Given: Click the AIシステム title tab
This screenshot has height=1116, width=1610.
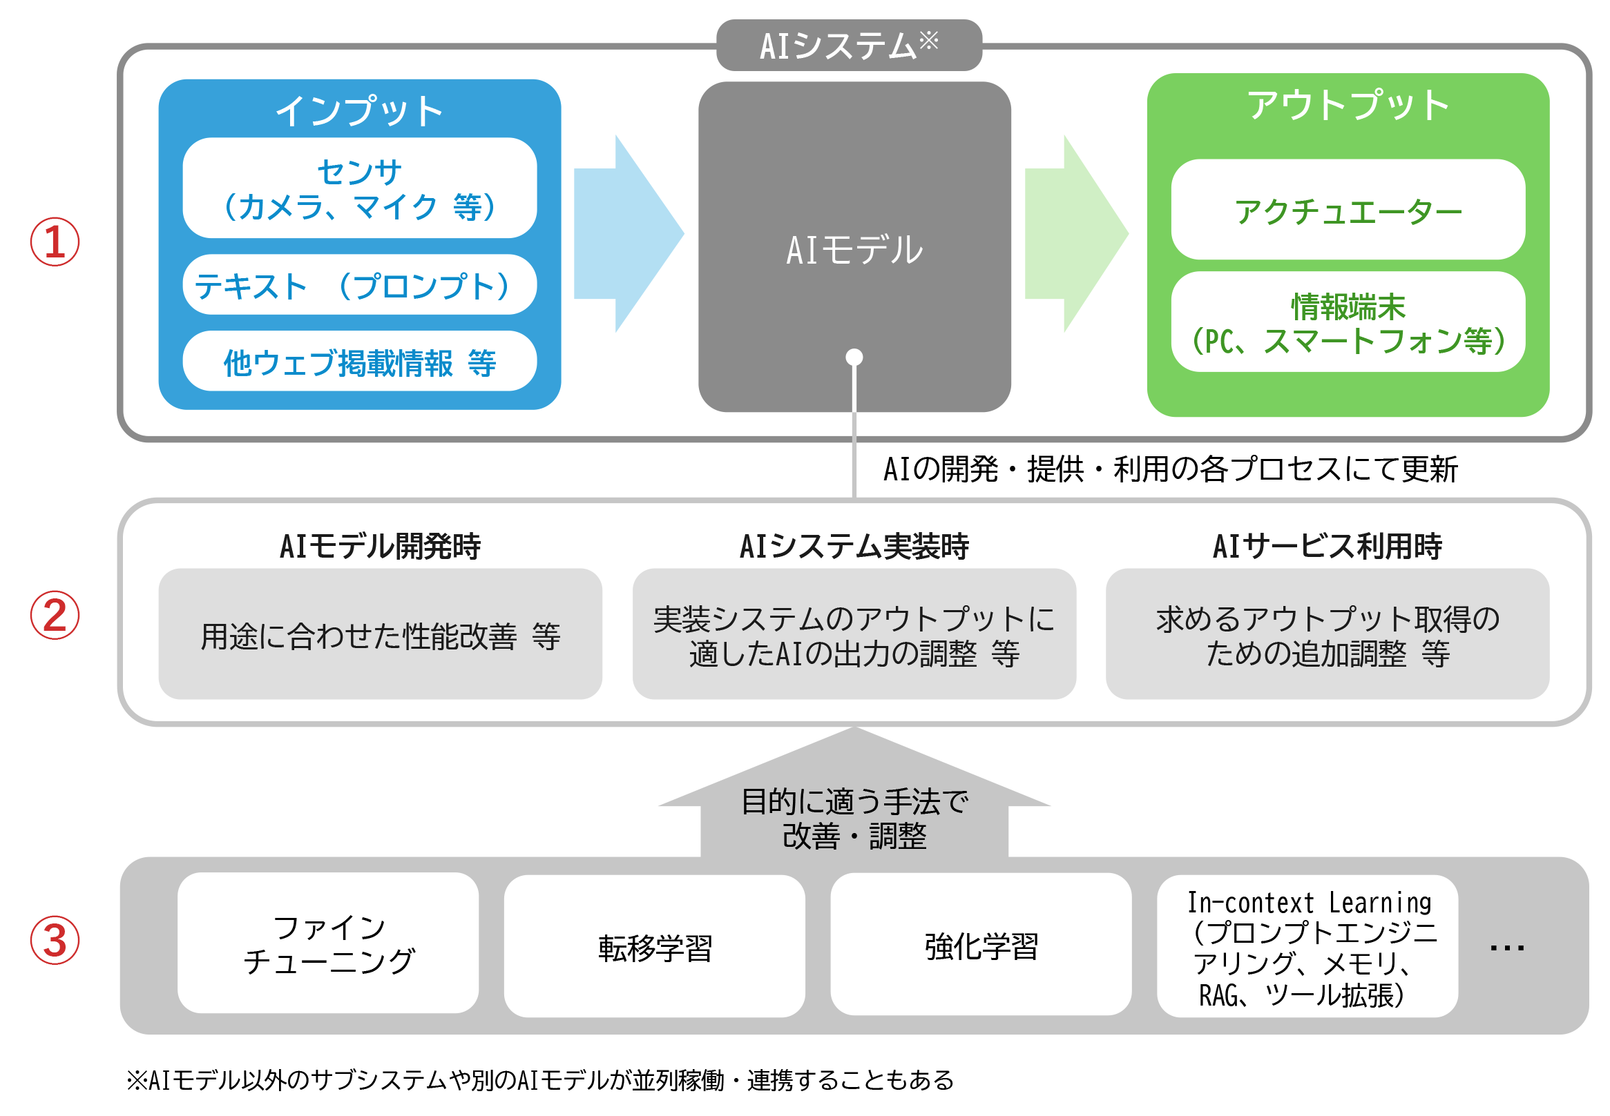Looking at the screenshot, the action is [x=849, y=46].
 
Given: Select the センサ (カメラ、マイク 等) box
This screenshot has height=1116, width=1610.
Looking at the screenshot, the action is [x=360, y=188].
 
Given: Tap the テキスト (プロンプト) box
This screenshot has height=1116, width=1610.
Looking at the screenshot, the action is [x=360, y=284].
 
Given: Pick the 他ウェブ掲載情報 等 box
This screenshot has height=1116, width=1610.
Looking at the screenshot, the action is [x=360, y=361].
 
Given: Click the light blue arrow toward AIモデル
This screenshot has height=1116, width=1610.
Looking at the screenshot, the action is [x=629, y=233].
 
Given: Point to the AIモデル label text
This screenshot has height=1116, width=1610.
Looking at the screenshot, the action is [x=854, y=250].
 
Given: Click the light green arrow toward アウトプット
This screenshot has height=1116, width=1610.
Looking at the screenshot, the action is [x=1076, y=233].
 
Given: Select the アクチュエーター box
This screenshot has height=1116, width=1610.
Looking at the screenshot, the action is [x=1348, y=209].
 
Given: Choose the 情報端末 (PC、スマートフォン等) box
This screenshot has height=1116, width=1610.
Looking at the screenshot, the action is [x=1348, y=322].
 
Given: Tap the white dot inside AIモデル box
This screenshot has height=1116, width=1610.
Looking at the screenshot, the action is [x=854, y=358].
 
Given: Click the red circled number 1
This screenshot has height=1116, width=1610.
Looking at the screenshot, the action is [x=55, y=242].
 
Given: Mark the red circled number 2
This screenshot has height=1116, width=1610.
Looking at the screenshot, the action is [x=55, y=616].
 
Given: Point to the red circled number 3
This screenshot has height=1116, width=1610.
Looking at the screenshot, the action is [x=55, y=940].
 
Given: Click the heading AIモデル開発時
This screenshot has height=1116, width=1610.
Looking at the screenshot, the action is [x=380, y=546].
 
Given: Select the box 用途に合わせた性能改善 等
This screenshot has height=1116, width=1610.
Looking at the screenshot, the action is [x=380, y=634].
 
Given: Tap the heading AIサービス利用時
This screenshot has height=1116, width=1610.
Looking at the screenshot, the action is [x=1327, y=546].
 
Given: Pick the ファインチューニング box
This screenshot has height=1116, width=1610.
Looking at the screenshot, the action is [x=328, y=943].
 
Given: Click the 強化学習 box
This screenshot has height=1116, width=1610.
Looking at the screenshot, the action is [x=981, y=944].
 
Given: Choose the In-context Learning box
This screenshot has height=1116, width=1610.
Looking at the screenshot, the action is [x=1307, y=946].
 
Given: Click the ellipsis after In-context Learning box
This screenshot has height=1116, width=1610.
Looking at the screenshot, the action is [x=1506, y=948].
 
